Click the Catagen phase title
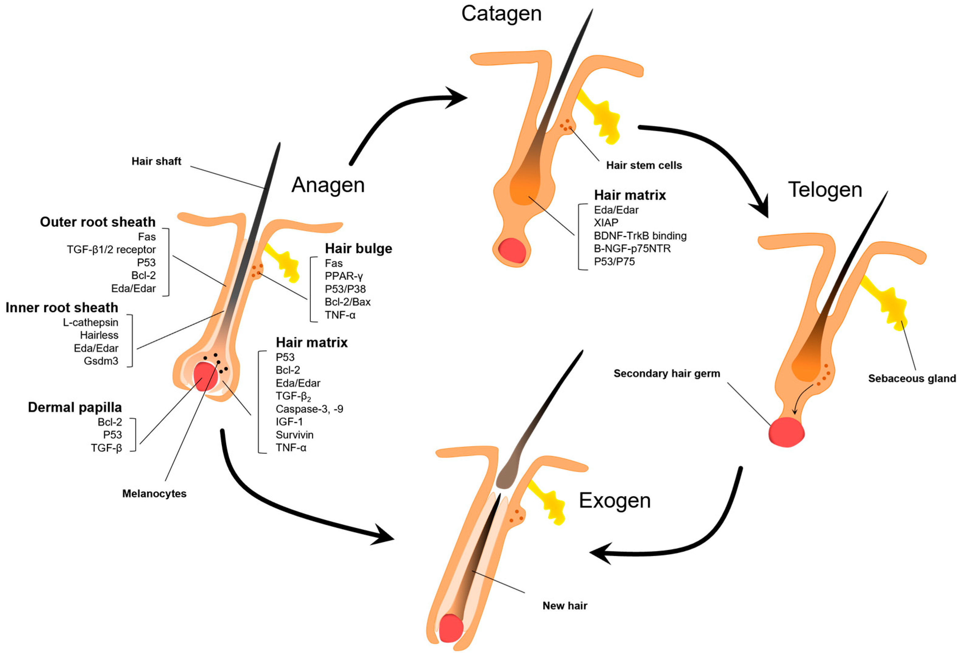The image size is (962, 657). coord(501,14)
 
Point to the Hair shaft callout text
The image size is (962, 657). coord(156,161)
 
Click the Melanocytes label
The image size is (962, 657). coord(154,494)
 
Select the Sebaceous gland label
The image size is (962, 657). coord(911,378)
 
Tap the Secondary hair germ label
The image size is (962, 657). coord(666,374)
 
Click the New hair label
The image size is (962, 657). coord(565,606)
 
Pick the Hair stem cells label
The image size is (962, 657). coord(644,166)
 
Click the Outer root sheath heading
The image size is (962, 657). coord(98,222)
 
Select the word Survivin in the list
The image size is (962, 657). coord(294,435)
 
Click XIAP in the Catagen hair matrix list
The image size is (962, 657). coord(606,223)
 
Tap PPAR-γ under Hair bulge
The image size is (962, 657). coord(344,276)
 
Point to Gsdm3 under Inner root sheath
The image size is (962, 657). coord(101,361)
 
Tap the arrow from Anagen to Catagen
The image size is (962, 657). coord(397,112)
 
